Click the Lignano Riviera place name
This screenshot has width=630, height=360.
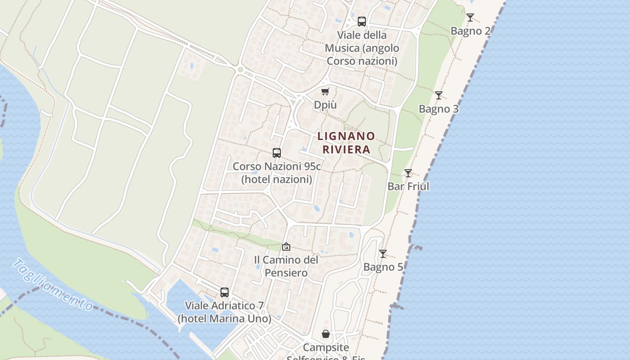(x=346, y=143)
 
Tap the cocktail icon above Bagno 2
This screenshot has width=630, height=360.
(x=470, y=18)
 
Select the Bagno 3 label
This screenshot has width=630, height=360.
(x=439, y=109)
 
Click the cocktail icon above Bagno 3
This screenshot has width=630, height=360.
(x=439, y=95)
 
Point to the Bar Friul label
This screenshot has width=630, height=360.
(x=409, y=186)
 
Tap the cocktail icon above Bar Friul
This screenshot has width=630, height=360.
(x=408, y=173)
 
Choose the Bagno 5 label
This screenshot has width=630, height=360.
(x=383, y=267)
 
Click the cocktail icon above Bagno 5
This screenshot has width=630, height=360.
(x=383, y=254)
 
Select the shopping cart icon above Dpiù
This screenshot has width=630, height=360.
(x=325, y=92)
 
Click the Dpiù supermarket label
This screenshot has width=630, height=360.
(x=325, y=105)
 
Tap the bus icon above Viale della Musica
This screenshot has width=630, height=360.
(x=362, y=22)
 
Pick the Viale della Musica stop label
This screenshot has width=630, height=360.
(x=362, y=48)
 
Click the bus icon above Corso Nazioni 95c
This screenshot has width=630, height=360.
(x=277, y=153)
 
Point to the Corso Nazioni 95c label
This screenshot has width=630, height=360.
(x=277, y=173)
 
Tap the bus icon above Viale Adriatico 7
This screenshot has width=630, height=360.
(x=225, y=292)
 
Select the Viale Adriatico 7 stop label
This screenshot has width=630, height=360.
(x=225, y=312)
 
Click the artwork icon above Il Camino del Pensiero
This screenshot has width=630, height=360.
(x=286, y=247)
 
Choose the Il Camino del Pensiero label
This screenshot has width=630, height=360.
(x=286, y=266)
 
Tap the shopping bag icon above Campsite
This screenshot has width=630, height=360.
(x=326, y=334)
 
